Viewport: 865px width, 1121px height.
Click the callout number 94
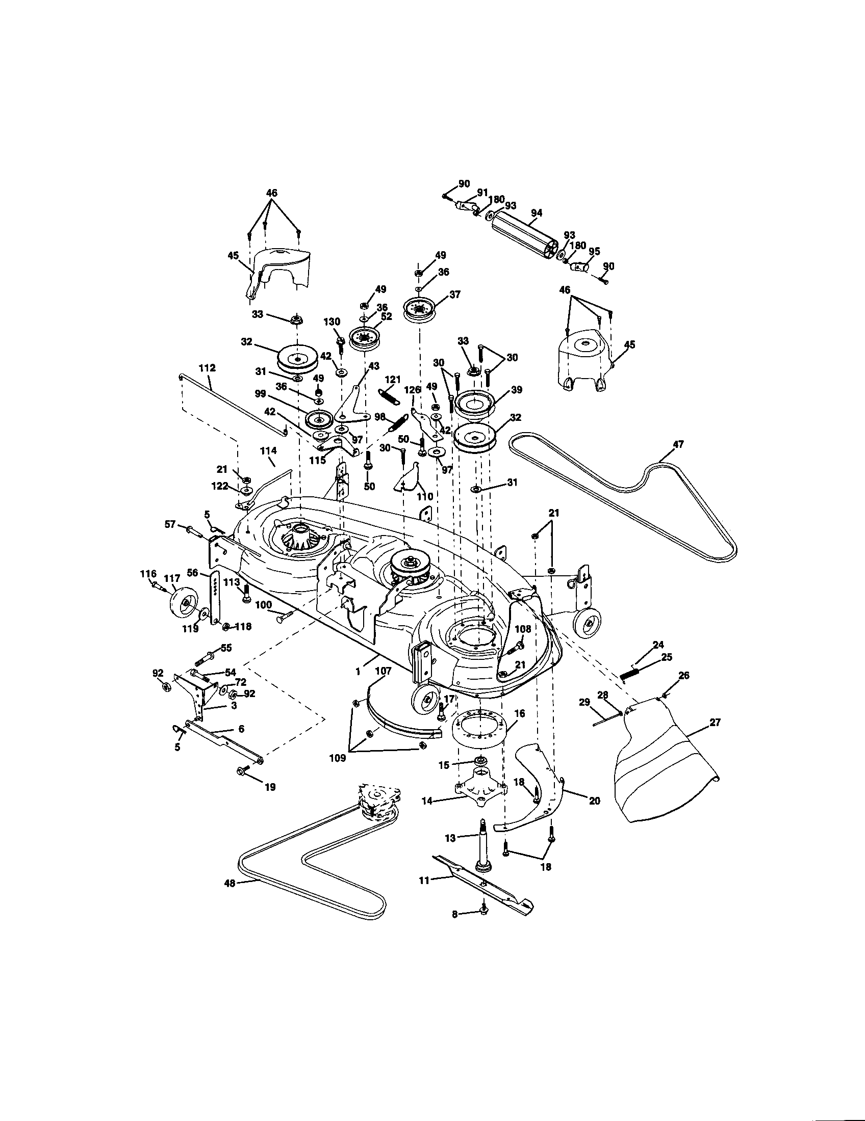coord(536,213)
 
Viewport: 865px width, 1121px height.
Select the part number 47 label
coord(678,444)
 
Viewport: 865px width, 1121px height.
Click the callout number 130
coord(332,322)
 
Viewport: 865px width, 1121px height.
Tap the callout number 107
coord(383,671)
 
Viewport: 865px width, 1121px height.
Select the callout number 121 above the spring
coord(392,379)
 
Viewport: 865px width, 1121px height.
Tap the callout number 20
coord(594,800)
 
